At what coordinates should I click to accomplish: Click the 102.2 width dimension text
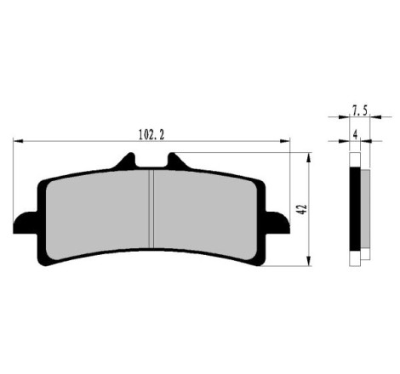click(x=151, y=134)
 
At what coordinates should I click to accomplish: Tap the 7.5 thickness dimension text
click(x=360, y=110)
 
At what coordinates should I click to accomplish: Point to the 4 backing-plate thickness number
click(x=355, y=135)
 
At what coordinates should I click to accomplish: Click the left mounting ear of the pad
click(x=26, y=223)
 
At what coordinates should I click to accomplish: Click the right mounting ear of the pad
click(x=277, y=223)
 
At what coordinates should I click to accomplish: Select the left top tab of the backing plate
click(x=126, y=162)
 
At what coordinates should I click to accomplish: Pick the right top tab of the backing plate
click(x=178, y=162)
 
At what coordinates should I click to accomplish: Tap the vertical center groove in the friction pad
click(x=151, y=208)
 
